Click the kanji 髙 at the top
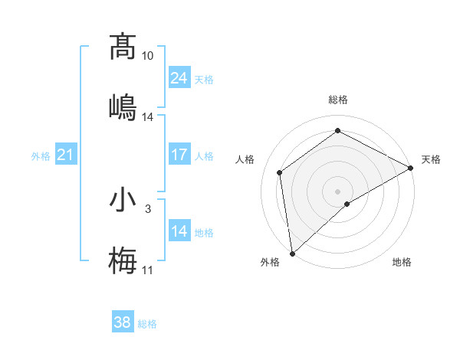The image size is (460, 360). (123, 47)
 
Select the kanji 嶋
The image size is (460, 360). (123, 106)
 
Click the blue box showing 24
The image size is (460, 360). (179, 78)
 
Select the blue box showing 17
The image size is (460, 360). (179, 155)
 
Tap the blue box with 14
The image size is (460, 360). (179, 231)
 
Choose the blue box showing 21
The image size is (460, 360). (65, 155)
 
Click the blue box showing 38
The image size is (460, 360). (122, 323)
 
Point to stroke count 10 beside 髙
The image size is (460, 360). (148, 57)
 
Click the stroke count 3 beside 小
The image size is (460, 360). (148, 208)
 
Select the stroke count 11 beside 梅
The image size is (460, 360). (148, 270)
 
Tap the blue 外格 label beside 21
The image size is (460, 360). (41, 156)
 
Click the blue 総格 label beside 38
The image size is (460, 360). (147, 324)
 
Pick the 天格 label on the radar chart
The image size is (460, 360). (431, 159)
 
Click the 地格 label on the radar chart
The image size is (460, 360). (402, 262)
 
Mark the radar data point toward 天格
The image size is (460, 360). (411, 168)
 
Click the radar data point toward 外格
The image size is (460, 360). (292, 254)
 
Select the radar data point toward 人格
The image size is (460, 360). (280, 172)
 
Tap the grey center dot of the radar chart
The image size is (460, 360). (337, 191)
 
